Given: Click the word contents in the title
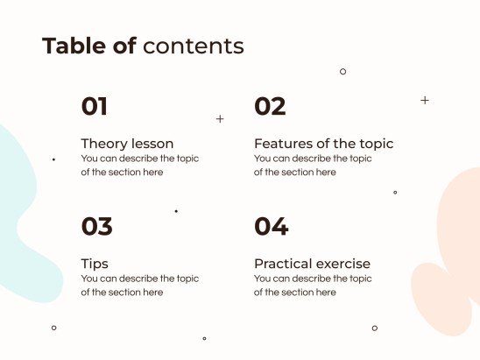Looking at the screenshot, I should point(193,46).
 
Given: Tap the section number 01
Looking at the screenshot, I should point(95,107).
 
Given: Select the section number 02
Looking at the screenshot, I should point(270,107).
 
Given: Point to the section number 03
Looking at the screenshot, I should point(96,227).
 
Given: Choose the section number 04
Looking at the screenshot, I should point(271,227).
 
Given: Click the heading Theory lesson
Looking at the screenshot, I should point(127,144).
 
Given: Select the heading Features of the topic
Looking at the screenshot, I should point(323,144).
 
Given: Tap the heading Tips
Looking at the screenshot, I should point(95,264).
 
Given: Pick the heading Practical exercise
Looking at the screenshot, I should point(312,264).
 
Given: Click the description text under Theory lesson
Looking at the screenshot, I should point(139,166).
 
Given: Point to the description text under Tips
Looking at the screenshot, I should point(139,286).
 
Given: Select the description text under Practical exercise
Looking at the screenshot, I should point(313,286).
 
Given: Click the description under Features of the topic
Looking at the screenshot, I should point(313,166).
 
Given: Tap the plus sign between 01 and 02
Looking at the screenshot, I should point(220,118).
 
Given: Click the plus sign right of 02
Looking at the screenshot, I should point(425,101).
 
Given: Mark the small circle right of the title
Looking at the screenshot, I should point(342,72).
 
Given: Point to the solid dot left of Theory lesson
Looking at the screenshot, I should point(53,159).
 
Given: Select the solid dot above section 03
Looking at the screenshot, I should point(176,211).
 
